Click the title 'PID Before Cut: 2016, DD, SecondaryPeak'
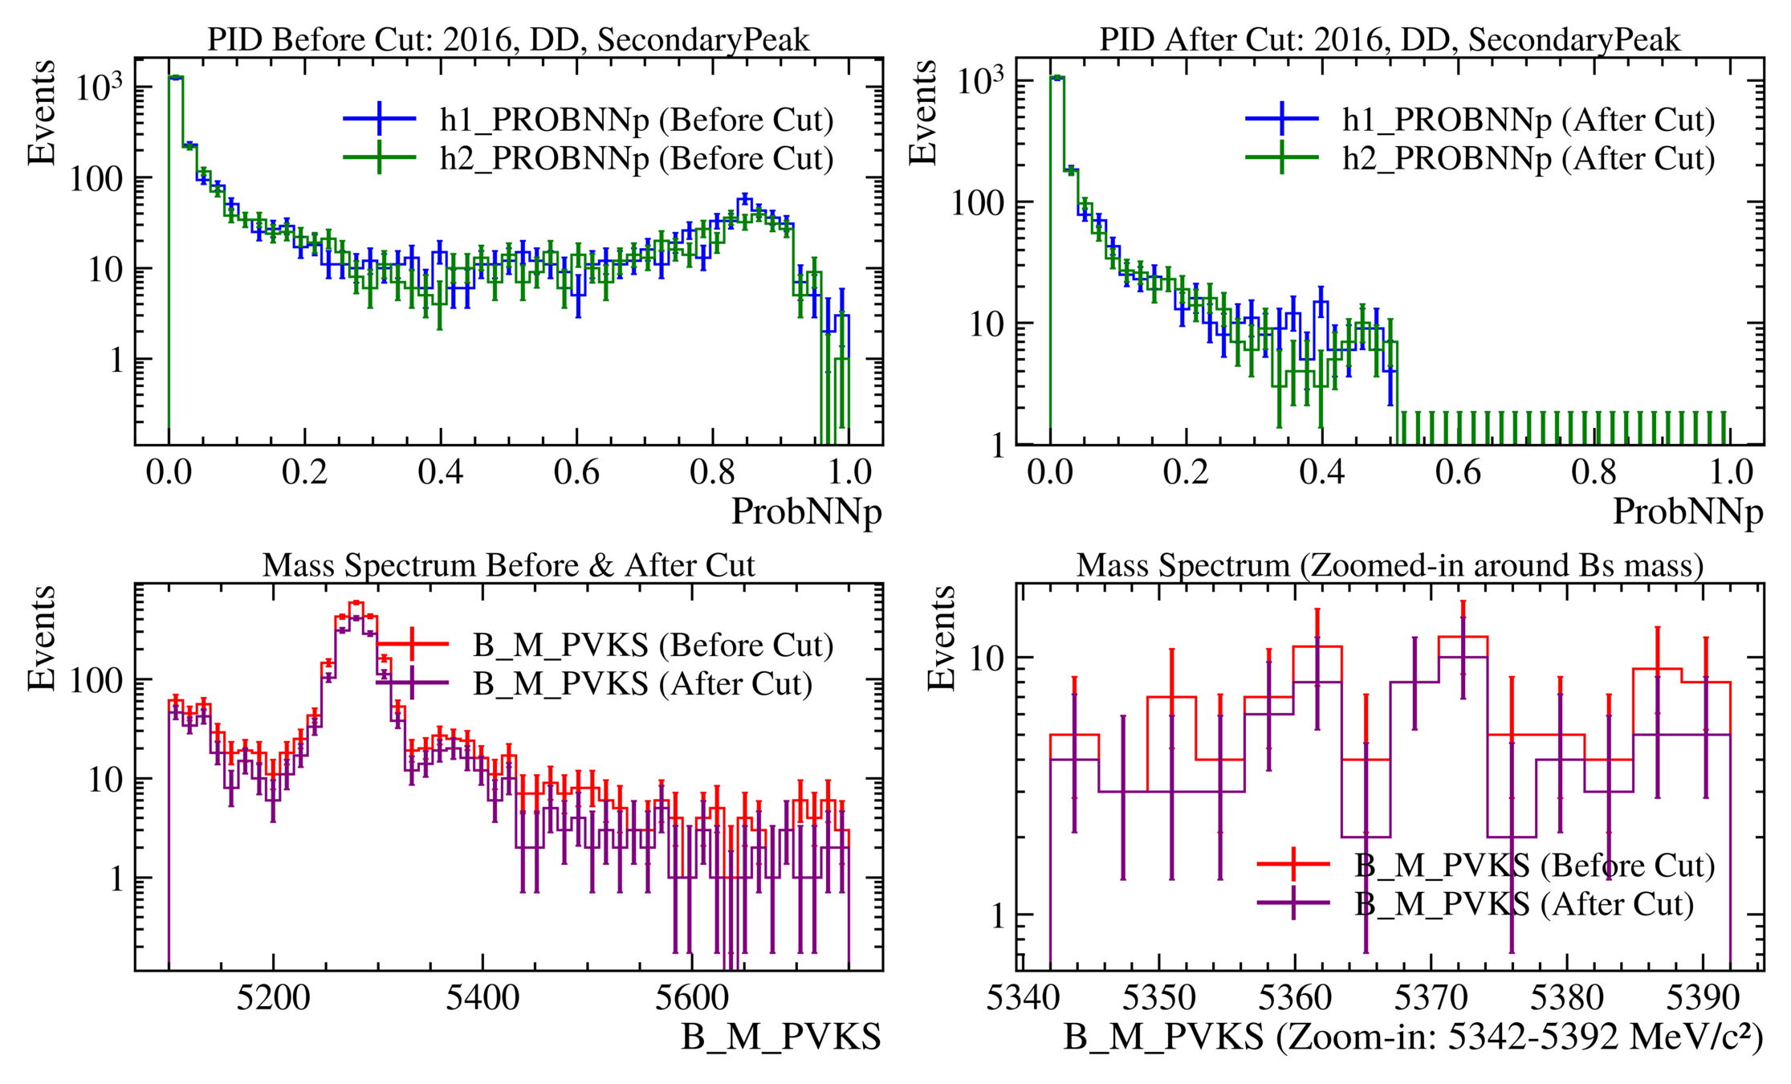coord(508,39)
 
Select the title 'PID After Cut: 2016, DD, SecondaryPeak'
coord(1390,39)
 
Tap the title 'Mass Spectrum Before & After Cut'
coord(508,565)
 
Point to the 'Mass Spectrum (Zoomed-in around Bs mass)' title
coord(1390,565)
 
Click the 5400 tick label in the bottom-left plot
coord(482,998)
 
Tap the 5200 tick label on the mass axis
coord(273,998)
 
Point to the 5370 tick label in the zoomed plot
coord(1431,998)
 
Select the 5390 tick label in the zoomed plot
coord(1703,998)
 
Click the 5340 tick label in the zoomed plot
coord(1023,998)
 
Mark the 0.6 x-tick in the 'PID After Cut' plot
coord(1458,472)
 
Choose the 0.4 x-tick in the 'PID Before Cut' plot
coord(440,472)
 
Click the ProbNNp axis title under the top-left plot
coord(806,511)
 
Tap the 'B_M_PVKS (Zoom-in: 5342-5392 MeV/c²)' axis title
coord(1413,1037)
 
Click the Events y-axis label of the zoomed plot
coord(942,638)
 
